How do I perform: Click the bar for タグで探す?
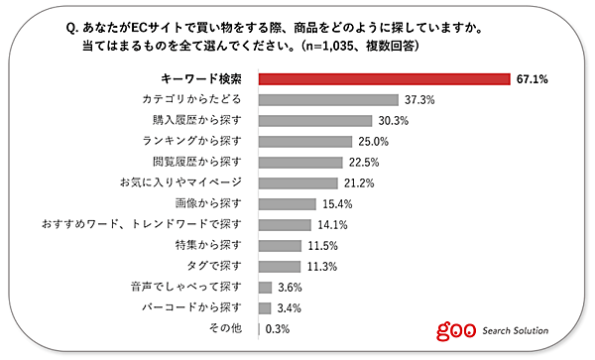tap(280, 266)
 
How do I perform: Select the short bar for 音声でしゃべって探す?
tap(265, 287)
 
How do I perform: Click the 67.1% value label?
tap(532, 78)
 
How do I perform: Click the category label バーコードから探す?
tap(193, 307)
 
